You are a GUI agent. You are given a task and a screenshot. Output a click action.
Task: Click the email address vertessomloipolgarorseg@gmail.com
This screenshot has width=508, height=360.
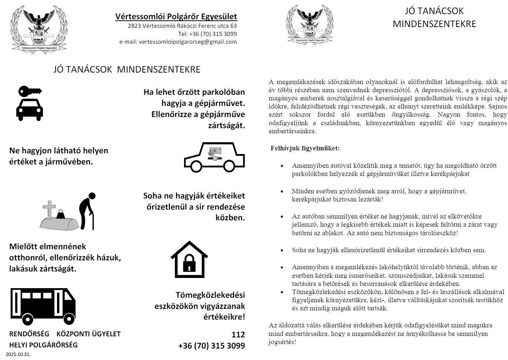click(178, 42)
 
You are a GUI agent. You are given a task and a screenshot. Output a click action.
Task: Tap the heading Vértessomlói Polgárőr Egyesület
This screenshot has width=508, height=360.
click(176, 17)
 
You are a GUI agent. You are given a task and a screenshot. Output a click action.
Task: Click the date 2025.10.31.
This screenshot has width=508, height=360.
click(18, 354)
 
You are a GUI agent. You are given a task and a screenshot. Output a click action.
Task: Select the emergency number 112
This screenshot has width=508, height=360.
click(238, 334)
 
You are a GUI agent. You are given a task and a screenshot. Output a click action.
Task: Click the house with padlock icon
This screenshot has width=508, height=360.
click(189, 259)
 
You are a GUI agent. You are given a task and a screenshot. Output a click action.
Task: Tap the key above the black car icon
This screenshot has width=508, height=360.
click(30, 91)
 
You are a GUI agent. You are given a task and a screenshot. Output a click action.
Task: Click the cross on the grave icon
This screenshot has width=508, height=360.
click(49, 209)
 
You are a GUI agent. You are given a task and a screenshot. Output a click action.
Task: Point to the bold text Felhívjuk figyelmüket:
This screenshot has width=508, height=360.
click(305, 148)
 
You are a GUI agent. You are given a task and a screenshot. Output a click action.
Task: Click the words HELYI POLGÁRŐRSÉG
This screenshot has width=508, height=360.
click(43, 345)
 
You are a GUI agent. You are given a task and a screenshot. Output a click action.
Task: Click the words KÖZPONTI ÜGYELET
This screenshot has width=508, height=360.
click(88, 334)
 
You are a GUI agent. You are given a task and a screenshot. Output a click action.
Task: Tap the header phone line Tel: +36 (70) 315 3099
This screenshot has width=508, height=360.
click(207, 34)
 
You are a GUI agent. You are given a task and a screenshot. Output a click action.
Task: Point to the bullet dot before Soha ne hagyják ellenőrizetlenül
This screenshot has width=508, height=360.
click(282, 250)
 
